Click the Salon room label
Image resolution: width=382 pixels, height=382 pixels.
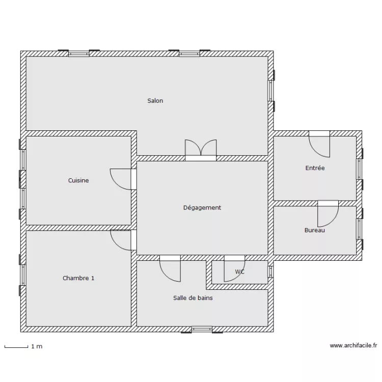pos(155,101)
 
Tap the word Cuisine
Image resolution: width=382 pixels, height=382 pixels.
pos(78,180)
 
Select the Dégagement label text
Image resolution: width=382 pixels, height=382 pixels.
pos(202,207)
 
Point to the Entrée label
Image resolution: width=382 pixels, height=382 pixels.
pos(315,168)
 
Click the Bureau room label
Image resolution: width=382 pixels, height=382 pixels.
pos(315,230)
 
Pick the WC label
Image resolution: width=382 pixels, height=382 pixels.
pos(239,272)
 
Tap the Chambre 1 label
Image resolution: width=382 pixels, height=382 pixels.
pos(78,278)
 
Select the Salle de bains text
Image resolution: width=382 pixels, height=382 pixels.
pos(193,298)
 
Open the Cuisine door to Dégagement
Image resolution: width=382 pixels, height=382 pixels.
pos(122,179)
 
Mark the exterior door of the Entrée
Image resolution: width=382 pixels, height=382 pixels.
pos(319,145)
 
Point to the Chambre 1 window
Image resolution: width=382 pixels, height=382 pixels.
pos(23,275)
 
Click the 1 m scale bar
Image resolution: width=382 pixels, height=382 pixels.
pos(16,346)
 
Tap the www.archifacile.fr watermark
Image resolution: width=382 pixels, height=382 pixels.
pos(353,346)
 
